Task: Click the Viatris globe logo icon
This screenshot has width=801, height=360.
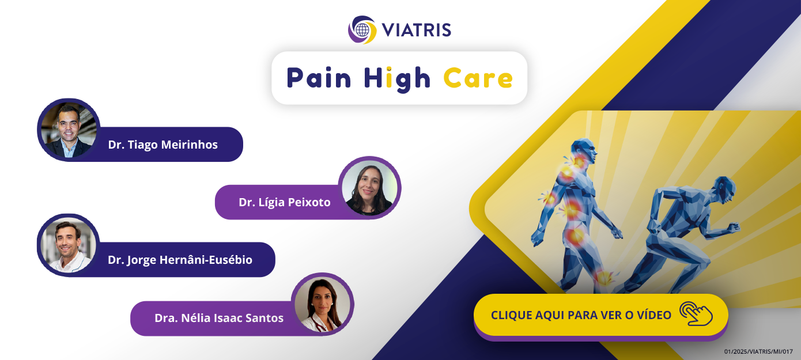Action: [x=362, y=30]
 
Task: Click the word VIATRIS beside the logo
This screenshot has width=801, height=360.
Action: [x=417, y=30]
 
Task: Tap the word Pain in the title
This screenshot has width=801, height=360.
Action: [x=319, y=78]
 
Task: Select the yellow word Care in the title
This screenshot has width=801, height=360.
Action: [x=478, y=78]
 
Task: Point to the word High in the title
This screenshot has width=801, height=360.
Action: [x=397, y=79]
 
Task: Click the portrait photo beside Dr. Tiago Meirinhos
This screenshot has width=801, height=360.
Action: [x=69, y=130]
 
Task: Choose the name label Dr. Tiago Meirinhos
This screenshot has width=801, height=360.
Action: [x=163, y=145]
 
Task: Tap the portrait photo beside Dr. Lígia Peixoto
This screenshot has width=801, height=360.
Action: [x=369, y=188]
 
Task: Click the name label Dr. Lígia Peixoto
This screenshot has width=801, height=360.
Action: [x=285, y=202]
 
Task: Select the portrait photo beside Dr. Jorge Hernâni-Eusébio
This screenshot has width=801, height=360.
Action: [x=69, y=245]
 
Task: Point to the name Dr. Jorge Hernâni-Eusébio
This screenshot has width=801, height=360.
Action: [x=180, y=260]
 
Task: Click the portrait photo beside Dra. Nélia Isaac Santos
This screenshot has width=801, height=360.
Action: [x=323, y=304]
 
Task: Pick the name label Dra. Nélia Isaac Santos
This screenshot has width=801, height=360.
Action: [x=219, y=318]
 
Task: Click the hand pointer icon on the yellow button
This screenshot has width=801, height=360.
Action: [x=696, y=314]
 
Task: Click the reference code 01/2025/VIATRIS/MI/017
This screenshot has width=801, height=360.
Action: [x=758, y=352]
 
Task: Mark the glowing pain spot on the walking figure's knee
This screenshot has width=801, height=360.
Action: [x=604, y=278]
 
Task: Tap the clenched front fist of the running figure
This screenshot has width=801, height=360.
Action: [x=733, y=228]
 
